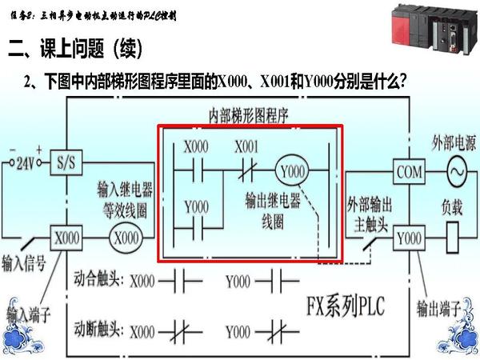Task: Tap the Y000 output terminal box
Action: pyautogui.click(x=408, y=238)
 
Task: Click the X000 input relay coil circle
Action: pyautogui.click(x=126, y=238)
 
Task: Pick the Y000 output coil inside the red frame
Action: pyautogui.click(x=291, y=171)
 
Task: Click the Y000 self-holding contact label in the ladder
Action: pyautogui.click(x=196, y=206)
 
